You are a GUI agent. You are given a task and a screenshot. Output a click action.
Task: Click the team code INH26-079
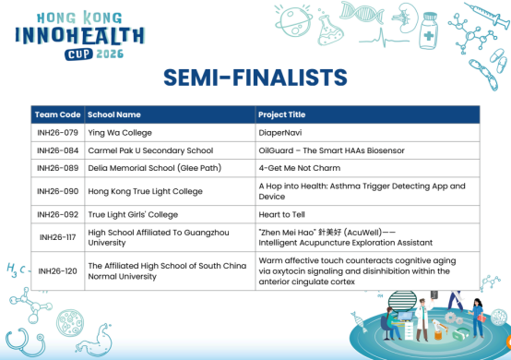[x=58, y=133]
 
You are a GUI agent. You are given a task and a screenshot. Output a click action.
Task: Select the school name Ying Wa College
[x=120, y=133]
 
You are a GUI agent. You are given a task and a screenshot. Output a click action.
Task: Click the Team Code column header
[x=58, y=114]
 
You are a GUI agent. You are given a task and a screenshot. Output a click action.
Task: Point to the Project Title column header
[x=282, y=114]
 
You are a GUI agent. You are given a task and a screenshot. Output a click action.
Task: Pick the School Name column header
[x=114, y=114]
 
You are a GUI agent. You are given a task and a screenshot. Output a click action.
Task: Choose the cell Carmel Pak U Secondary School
[x=150, y=150]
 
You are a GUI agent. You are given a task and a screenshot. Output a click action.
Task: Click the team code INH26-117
[x=58, y=237]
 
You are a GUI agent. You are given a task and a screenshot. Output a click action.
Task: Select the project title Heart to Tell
[x=282, y=214]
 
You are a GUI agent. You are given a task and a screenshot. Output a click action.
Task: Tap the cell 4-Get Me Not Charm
[x=300, y=168]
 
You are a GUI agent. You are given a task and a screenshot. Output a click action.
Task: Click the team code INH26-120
[x=58, y=271]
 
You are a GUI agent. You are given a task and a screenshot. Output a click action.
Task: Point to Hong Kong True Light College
[x=146, y=191]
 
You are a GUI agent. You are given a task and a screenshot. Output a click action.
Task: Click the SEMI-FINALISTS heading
[x=255, y=78]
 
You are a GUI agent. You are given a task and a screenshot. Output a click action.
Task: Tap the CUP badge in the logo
[x=78, y=54]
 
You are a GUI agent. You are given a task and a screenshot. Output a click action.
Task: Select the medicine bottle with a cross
[x=429, y=30]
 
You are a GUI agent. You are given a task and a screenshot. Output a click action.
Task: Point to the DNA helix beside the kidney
[x=362, y=12]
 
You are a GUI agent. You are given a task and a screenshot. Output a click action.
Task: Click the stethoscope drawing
[x=25, y=342]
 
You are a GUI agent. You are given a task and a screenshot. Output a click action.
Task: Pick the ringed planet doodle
[x=293, y=21]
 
